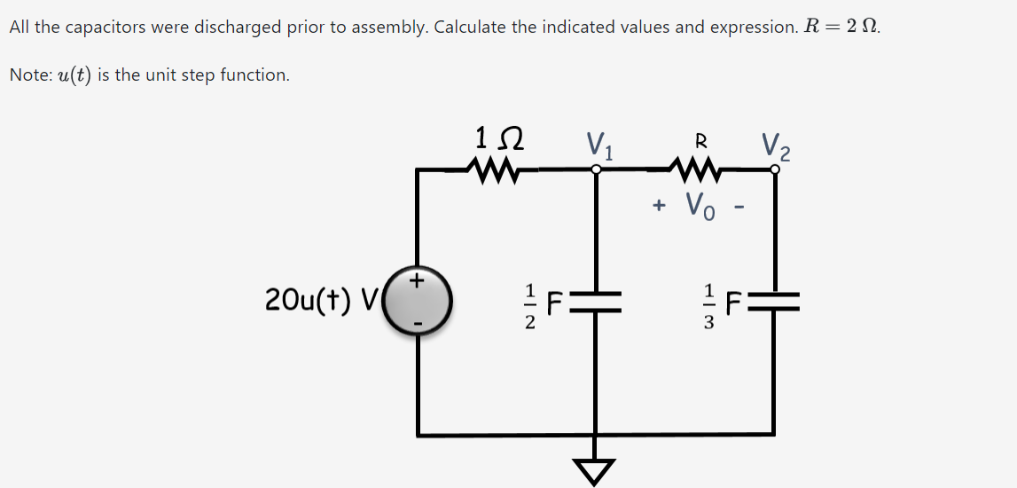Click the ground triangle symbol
[596, 471]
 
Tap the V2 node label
[776, 144]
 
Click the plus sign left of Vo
[659, 206]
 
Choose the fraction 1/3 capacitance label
[708, 304]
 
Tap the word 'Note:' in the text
[30, 75]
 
